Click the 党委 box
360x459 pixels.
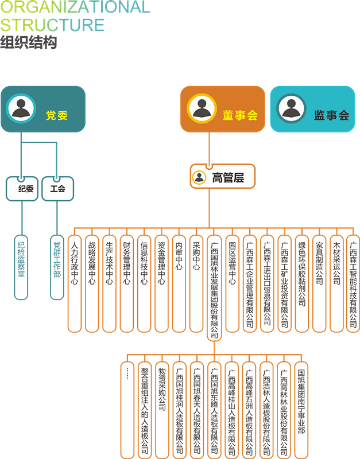pyautogui.click(x=43, y=109)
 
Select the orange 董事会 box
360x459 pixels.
pyautogui.click(x=223, y=109)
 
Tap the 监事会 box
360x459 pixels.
pyautogui.click(x=313, y=109)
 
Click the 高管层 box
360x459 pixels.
pyautogui.click(x=222, y=177)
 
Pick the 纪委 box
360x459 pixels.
pyautogui.click(x=22, y=189)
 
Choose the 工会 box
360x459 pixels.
pyautogui.click(x=57, y=189)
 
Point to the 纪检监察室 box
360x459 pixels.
pyautogui.click(x=21, y=267)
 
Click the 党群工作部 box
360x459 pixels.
pyautogui.click(x=57, y=267)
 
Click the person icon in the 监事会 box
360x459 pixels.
pyautogui.click(x=291, y=108)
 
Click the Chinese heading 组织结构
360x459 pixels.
pyautogui.click(x=29, y=42)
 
